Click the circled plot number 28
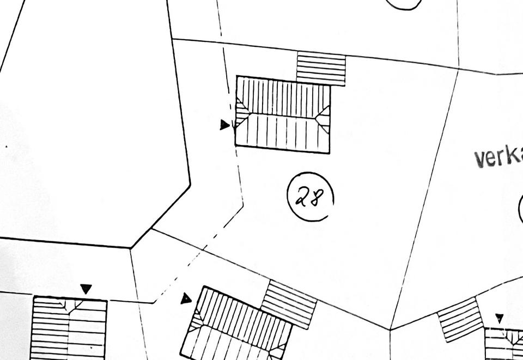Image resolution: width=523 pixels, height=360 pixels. tap(310, 197)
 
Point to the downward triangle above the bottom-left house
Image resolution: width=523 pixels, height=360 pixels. tap(86, 289)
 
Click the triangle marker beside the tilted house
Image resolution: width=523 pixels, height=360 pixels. tap(186, 298)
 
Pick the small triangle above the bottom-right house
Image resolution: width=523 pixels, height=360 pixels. tap(499, 318)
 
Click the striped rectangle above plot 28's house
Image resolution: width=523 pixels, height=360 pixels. tap(321, 68)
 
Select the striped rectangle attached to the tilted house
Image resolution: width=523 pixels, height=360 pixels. tap(289, 304)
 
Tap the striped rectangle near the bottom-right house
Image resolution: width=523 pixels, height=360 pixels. tap(460, 319)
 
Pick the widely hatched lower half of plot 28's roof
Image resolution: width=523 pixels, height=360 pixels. tap(283, 133)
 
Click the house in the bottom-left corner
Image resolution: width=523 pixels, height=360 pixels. tap(69, 328)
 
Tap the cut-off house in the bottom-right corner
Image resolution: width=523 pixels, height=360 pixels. tap(504, 344)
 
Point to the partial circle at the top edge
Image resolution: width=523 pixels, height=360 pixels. tap(404, 4)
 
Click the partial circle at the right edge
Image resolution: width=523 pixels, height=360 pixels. tap(520, 210)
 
